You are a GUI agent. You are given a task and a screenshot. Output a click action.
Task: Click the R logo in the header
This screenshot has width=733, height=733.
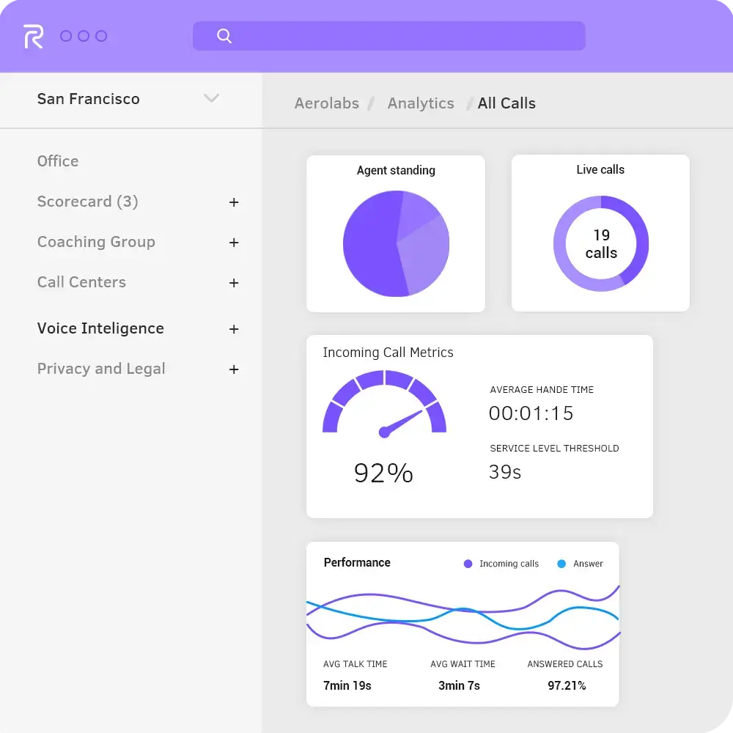pos(33,36)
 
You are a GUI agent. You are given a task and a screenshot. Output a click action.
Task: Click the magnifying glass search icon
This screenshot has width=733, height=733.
pos(224,36)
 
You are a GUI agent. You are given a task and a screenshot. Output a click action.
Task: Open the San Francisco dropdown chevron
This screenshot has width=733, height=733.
pos(211,98)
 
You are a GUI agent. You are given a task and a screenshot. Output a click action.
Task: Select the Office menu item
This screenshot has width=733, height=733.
pos(58,161)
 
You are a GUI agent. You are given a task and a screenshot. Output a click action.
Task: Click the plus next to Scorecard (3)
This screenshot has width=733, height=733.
pos(234,202)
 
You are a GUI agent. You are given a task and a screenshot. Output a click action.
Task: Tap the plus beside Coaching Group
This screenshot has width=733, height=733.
pos(234,243)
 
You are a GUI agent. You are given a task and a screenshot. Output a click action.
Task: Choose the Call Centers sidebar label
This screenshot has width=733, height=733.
pos(81,282)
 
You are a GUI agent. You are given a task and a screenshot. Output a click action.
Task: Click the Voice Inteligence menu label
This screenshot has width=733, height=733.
pos(100,328)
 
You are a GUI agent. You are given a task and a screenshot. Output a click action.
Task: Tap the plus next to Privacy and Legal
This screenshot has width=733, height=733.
pos(234,369)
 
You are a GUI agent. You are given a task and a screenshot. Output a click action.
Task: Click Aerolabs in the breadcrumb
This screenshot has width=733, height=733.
pos(327,103)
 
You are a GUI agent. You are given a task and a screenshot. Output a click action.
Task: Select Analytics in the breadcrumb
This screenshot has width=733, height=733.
pos(421,103)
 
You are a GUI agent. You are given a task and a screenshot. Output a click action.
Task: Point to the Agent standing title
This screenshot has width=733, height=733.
pos(396,170)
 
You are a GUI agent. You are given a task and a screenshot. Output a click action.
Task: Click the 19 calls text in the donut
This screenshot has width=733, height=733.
pos(601,244)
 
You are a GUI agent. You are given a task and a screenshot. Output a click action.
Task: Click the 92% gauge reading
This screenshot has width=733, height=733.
pos(383,473)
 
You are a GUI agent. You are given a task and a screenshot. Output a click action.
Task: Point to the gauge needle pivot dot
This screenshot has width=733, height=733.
pos(384,432)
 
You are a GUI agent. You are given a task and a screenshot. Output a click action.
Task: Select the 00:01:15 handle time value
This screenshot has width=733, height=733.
pos(531,413)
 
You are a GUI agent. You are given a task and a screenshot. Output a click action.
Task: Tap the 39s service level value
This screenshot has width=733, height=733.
pos(505,472)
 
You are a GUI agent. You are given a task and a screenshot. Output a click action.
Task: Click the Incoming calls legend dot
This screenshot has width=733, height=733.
pos(468,564)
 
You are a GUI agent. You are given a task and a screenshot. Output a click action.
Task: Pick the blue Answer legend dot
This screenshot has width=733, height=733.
pos(561,564)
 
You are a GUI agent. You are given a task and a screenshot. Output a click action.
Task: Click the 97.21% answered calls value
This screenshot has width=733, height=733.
pos(567,685)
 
